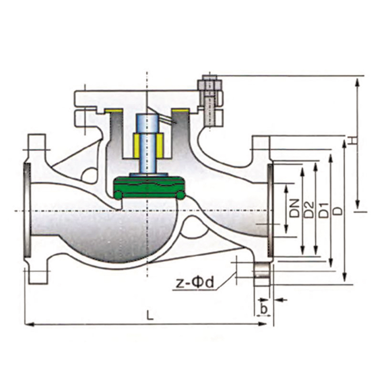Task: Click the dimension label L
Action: click(x=150, y=315)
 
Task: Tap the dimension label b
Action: click(x=263, y=309)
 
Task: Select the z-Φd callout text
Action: click(x=195, y=283)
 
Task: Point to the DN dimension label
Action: click(x=296, y=208)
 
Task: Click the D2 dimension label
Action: click(x=309, y=210)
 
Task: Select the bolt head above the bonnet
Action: click(x=209, y=83)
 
